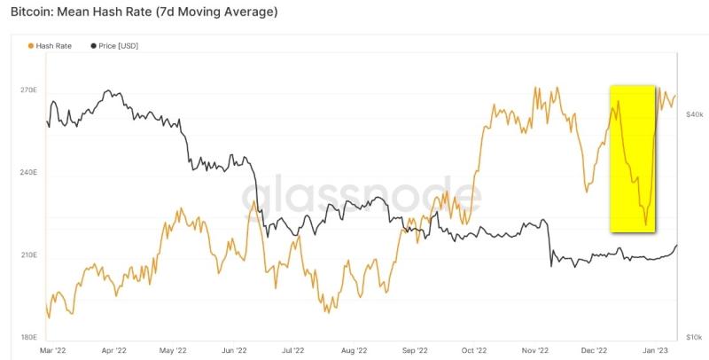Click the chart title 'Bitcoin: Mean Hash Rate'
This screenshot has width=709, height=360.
[142, 12]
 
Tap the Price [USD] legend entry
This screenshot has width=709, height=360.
[119, 45]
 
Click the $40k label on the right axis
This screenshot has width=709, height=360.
[694, 115]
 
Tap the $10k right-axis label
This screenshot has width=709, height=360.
[694, 337]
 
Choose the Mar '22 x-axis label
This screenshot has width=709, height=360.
[53, 351]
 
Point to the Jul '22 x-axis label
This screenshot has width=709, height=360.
[292, 351]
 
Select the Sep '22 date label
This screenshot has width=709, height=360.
[413, 351]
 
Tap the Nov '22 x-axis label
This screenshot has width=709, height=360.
[532, 351]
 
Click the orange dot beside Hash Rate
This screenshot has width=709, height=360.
[33, 45]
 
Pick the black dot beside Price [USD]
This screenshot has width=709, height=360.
[93, 45]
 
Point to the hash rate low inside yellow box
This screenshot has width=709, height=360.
[646, 224]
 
